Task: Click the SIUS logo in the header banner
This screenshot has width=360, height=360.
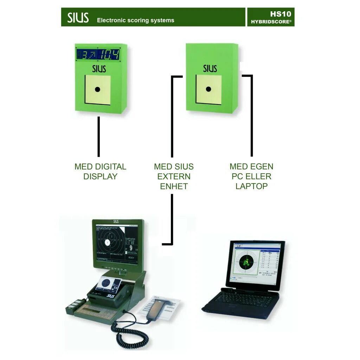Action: (x=78, y=17)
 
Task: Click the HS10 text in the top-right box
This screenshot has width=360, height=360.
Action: (x=281, y=14)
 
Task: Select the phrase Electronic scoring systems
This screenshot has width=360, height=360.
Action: (x=135, y=20)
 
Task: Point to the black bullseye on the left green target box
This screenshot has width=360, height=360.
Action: (x=98, y=89)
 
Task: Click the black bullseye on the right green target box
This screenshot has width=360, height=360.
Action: (x=208, y=89)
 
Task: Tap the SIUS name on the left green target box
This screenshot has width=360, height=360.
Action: (x=99, y=68)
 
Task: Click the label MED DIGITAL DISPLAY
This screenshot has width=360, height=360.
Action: (x=100, y=172)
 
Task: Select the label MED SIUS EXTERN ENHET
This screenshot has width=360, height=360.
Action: (x=174, y=176)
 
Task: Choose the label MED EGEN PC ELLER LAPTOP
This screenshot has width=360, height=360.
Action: (x=251, y=176)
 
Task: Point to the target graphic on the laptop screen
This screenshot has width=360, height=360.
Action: (x=247, y=262)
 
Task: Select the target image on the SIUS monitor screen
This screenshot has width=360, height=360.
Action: (x=109, y=243)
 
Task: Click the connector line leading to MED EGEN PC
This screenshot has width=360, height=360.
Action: (x=251, y=116)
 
